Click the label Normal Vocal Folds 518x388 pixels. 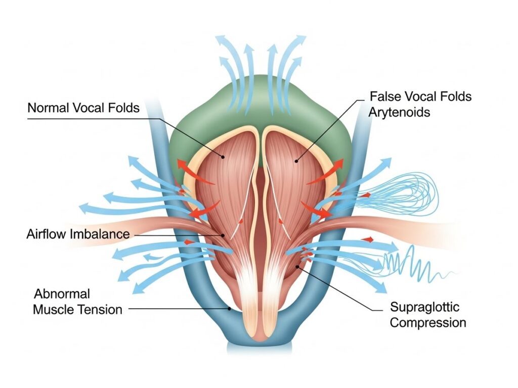pyautogui.click(x=83, y=108)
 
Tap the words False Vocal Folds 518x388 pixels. pyautogui.click(x=421, y=96)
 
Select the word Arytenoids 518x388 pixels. pyautogui.click(x=400, y=112)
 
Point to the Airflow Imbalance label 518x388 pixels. pyautogui.click(x=78, y=234)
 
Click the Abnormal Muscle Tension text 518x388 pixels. pyautogui.click(x=77, y=302)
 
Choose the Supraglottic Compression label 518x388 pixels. pyautogui.click(x=428, y=314)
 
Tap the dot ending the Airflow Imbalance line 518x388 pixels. pyautogui.click(x=222, y=235)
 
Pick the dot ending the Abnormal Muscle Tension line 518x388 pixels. pyautogui.click(x=230, y=308)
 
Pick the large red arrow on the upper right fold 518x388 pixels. pyautogui.click(x=326, y=174)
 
